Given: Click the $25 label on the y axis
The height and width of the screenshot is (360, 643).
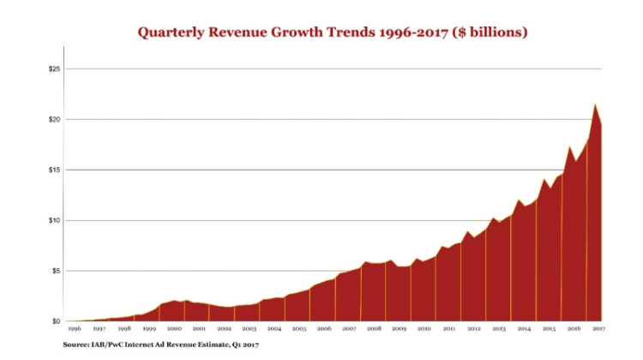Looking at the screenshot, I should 56,69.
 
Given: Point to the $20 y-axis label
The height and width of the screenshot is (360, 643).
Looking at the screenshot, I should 56,119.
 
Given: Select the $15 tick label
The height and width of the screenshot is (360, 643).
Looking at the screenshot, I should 56,170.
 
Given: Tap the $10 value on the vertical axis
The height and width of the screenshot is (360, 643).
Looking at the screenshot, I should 56,220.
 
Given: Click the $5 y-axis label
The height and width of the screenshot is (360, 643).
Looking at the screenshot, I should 57,271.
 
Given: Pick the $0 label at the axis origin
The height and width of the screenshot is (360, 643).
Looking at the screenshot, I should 57,321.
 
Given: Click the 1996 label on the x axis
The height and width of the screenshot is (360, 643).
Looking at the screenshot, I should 74,329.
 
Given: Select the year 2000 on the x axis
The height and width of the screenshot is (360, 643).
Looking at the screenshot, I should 174,329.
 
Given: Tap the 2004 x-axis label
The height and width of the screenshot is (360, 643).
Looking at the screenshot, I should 273,329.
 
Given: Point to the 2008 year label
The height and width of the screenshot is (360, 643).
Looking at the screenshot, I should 374,329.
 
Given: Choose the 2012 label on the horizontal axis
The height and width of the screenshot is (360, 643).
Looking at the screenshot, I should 473,329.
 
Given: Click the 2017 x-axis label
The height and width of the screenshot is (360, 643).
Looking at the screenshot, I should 598,329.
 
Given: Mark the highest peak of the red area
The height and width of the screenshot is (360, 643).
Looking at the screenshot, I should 594,105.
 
